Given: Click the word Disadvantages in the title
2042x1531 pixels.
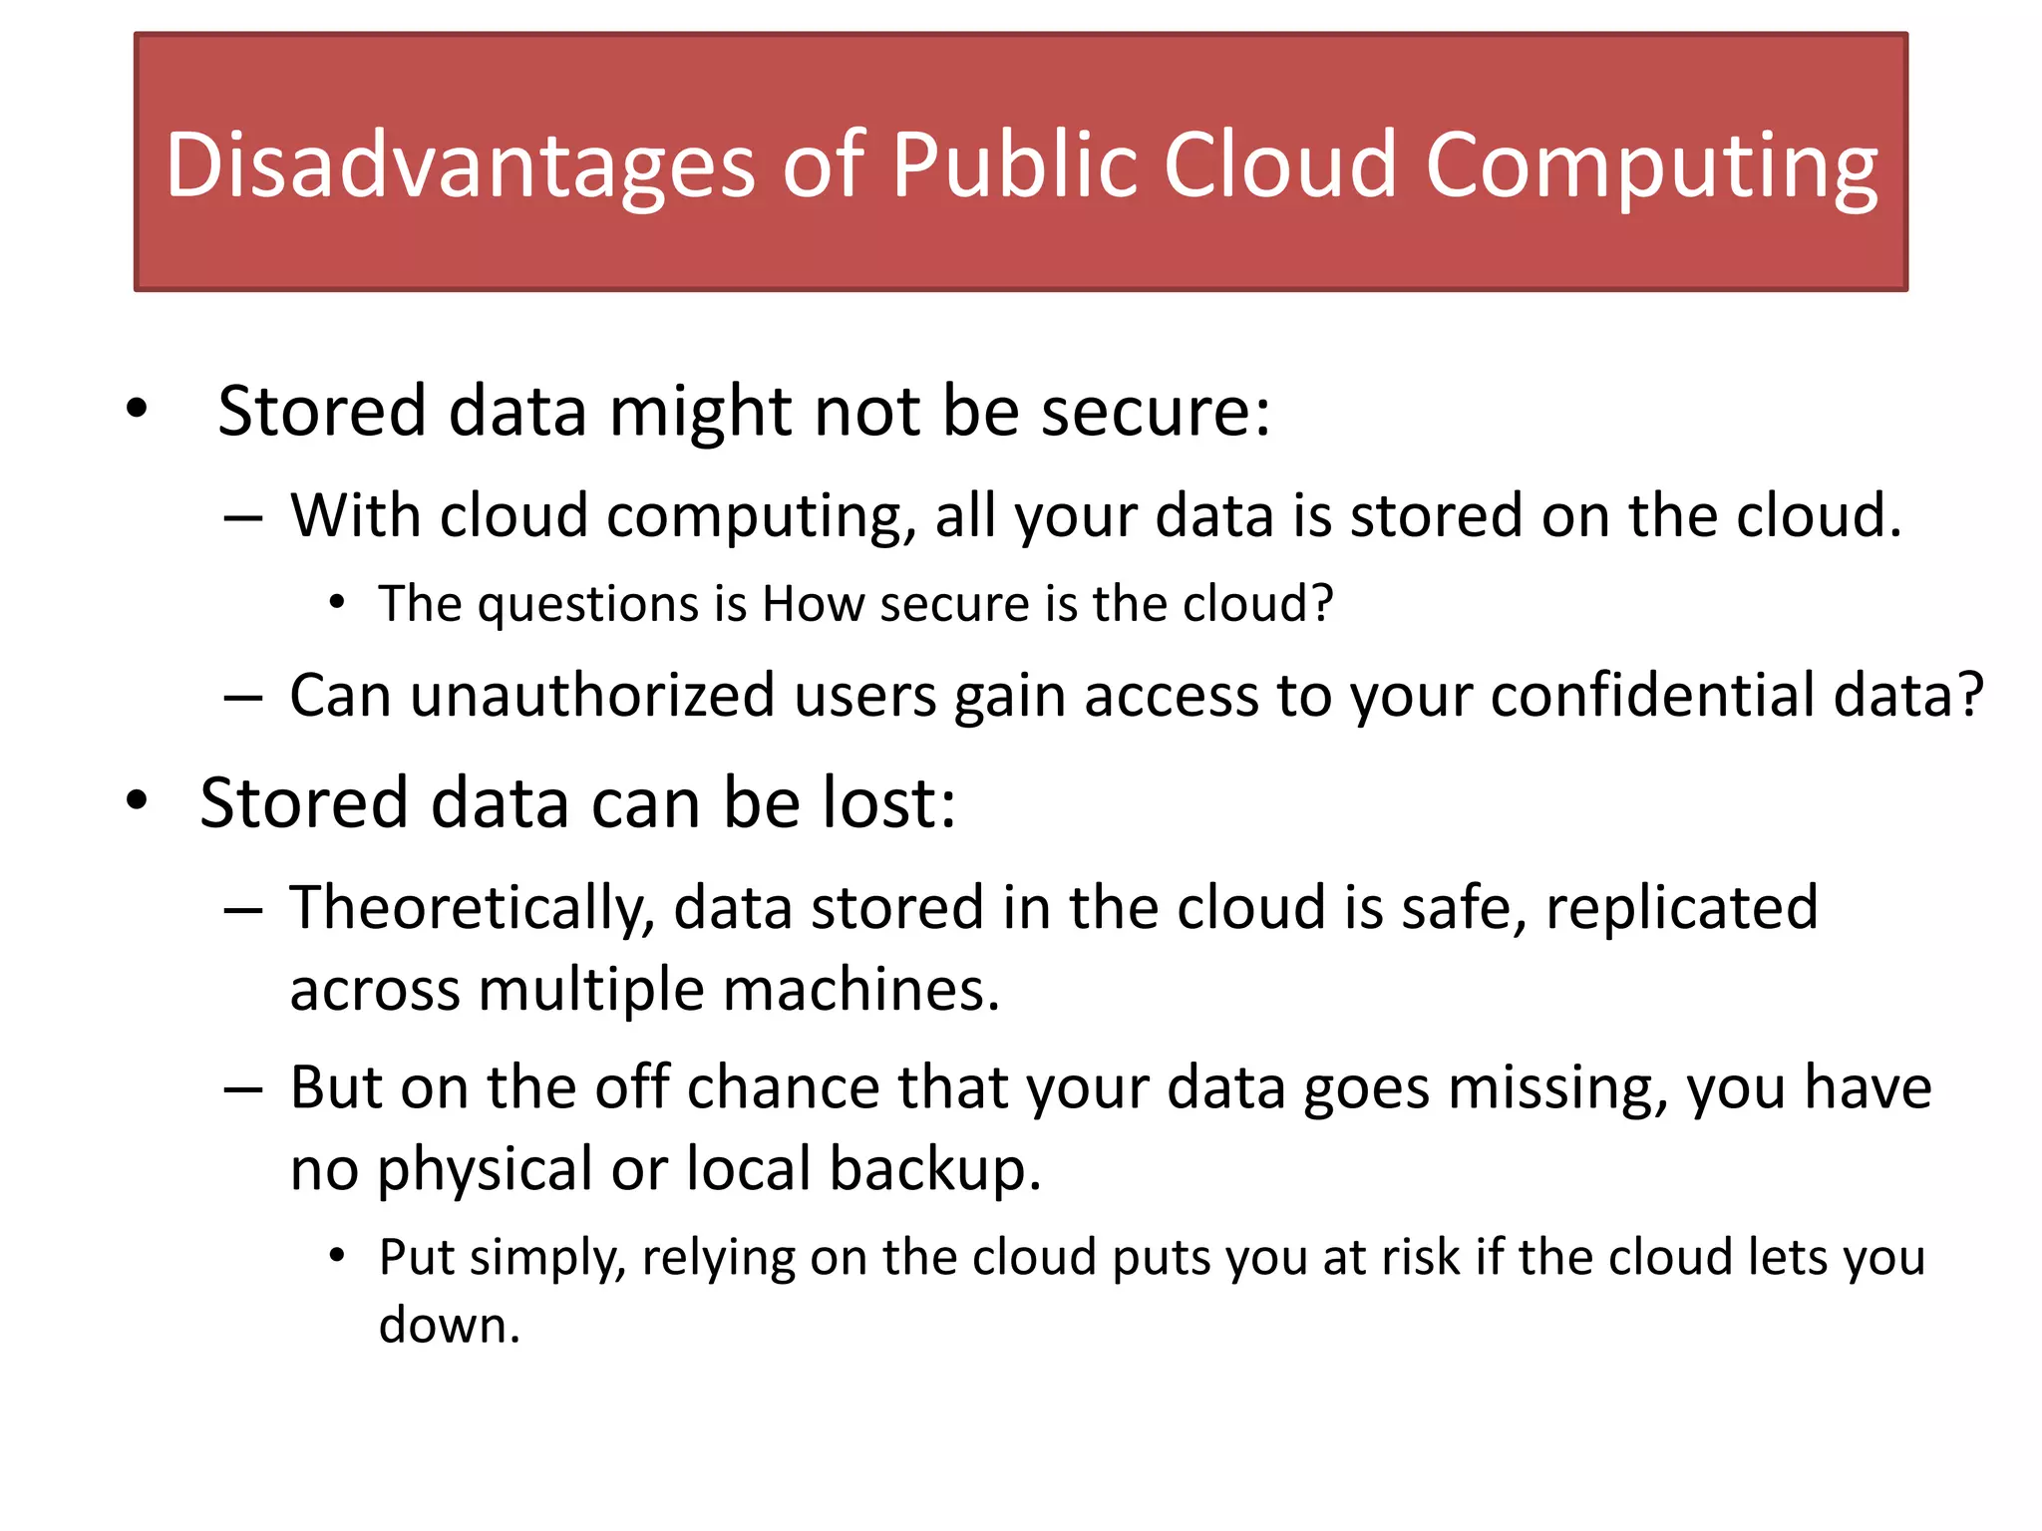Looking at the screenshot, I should tap(460, 166).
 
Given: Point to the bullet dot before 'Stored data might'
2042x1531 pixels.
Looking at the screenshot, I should tap(137, 408).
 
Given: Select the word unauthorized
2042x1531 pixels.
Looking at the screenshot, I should tap(592, 695).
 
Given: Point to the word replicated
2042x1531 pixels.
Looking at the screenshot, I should tap(1681, 907).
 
